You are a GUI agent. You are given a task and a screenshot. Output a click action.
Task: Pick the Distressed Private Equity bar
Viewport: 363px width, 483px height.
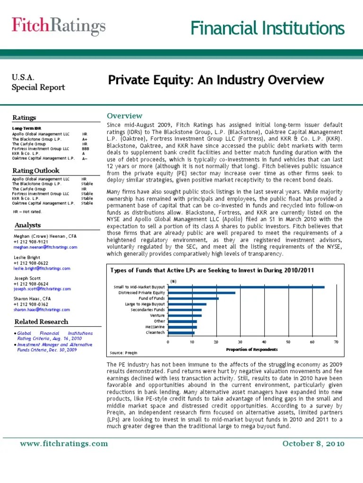pyautogui.click(x=202, y=293)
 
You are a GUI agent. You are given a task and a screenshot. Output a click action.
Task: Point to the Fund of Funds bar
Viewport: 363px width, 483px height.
pyautogui.click(x=193, y=299)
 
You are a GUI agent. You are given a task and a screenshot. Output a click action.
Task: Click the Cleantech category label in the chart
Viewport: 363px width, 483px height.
pyautogui.click(x=155, y=332)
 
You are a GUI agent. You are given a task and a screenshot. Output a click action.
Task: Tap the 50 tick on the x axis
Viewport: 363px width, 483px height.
pyautogui.click(x=288, y=341)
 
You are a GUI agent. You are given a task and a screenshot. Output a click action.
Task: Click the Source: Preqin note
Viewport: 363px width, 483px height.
pyautogui.click(x=123, y=352)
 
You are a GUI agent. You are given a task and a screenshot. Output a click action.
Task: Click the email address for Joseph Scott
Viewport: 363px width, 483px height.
pyautogui.click(x=42, y=289)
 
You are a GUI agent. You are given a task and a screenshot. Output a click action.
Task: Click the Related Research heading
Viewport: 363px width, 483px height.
pyautogui.click(x=42, y=322)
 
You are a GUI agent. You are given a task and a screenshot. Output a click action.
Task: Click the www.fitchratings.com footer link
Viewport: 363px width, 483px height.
pyautogui.click(x=64, y=443)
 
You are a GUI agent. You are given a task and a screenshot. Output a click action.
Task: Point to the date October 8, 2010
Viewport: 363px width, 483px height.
pyautogui.click(x=313, y=443)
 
